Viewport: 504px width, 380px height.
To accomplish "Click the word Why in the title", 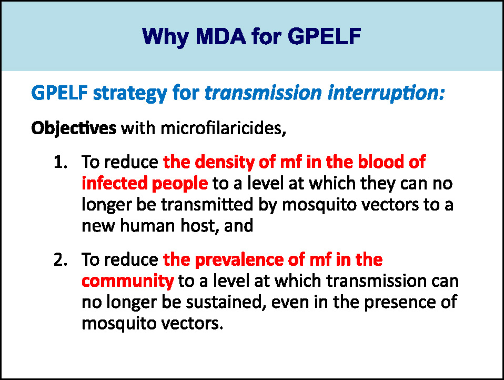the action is pos(165,37).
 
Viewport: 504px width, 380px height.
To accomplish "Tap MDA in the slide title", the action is pos(221,36).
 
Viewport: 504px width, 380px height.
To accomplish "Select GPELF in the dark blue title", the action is pos(324,36).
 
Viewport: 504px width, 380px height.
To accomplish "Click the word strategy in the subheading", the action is pos(130,94).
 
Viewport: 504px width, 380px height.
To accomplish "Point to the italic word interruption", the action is pos(386,93).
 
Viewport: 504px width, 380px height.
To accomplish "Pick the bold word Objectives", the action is pos(74,129).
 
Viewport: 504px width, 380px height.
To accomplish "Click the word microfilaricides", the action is pos(223,128).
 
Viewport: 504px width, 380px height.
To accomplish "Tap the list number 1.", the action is pos(61,162).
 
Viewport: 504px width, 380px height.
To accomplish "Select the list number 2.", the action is pos(61,260).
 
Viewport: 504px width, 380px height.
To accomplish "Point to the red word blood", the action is pos(381,162).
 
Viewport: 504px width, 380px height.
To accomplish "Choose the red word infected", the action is pos(114,183).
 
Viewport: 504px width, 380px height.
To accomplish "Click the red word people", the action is pos(180,184).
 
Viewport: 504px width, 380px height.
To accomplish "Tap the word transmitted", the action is pos(207,205).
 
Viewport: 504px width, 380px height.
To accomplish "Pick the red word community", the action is pos(128,282).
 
